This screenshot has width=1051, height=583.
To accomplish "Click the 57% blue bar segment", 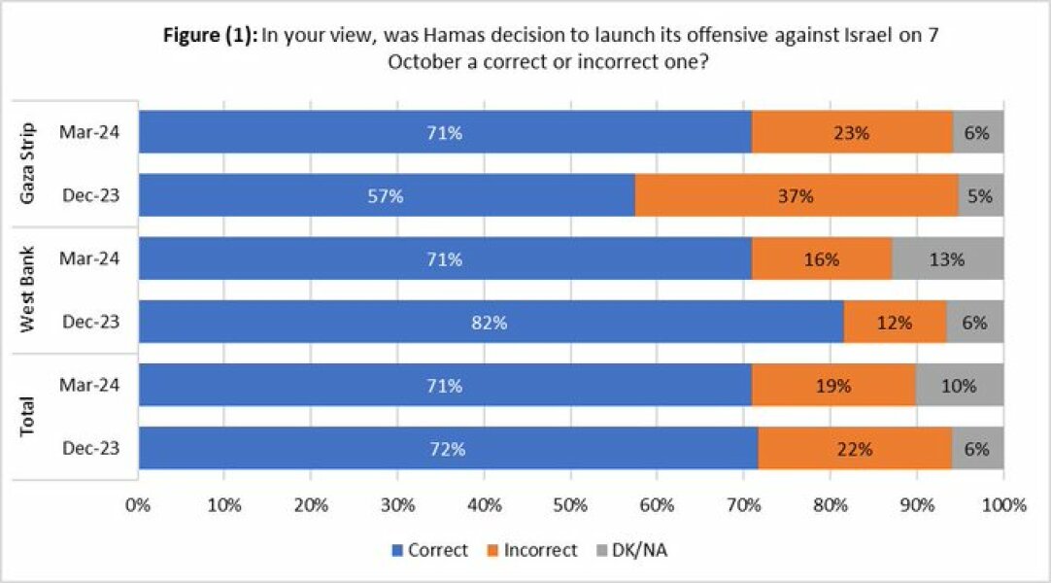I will tap(387, 195).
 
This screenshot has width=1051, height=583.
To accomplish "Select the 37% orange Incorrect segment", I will tap(796, 195).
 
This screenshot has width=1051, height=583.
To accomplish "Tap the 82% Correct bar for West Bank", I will tap(491, 322).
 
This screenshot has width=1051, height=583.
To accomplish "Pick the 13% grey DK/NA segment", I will tap(947, 259).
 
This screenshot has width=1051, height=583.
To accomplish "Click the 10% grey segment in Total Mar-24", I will tap(959, 385).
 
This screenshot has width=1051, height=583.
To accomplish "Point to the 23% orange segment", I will tap(852, 133).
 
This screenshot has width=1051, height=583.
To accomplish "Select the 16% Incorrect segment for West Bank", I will tap(821, 259).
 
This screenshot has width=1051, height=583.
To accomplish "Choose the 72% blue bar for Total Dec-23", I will tap(448, 448).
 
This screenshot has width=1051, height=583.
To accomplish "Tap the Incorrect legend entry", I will tap(532, 550).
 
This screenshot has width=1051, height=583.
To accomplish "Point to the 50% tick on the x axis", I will tap(571, 505).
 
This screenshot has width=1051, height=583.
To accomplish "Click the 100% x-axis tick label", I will tap(1003, 505).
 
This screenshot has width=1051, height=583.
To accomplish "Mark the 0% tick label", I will tap(139, 505).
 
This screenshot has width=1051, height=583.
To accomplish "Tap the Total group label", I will tap(29, 416).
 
